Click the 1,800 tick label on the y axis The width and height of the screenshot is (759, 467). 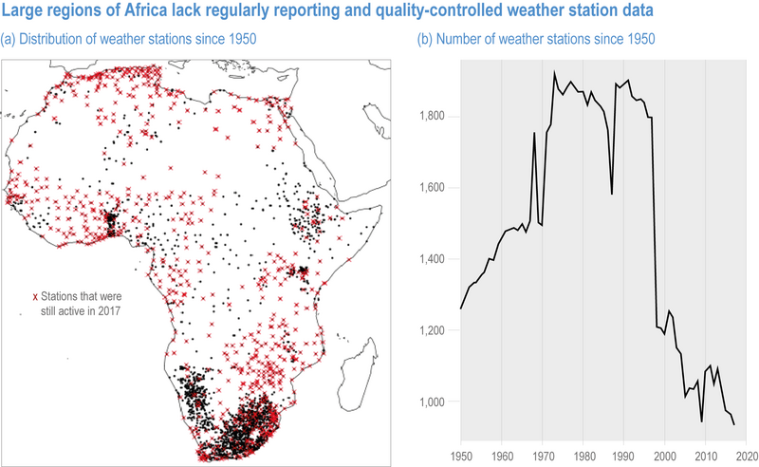click(433, 117)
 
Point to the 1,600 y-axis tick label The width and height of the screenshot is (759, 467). click(433, 188)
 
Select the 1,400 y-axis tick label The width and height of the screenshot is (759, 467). click(433, 259)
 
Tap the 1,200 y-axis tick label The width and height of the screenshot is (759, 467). click(433, 330)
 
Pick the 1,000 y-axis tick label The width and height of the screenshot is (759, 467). click(433, 402)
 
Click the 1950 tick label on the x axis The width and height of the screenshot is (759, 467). click(461, 457)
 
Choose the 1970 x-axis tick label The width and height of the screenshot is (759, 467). click(542, 457)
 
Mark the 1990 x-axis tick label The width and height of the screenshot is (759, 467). click(624, 457)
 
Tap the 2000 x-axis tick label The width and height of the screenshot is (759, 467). click(665, 457)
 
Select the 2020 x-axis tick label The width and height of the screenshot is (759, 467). click(747, 457)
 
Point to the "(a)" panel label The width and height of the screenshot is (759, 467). click(8, 39)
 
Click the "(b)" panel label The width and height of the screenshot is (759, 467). click(425, 39)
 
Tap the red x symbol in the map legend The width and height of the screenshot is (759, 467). click(35, 297)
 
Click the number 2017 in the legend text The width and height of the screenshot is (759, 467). click(109, 311)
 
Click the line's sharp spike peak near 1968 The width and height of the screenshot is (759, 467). click(534, 132)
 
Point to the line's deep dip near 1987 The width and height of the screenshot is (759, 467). click(612, 195)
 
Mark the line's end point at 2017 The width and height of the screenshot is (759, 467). click(734, 425)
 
